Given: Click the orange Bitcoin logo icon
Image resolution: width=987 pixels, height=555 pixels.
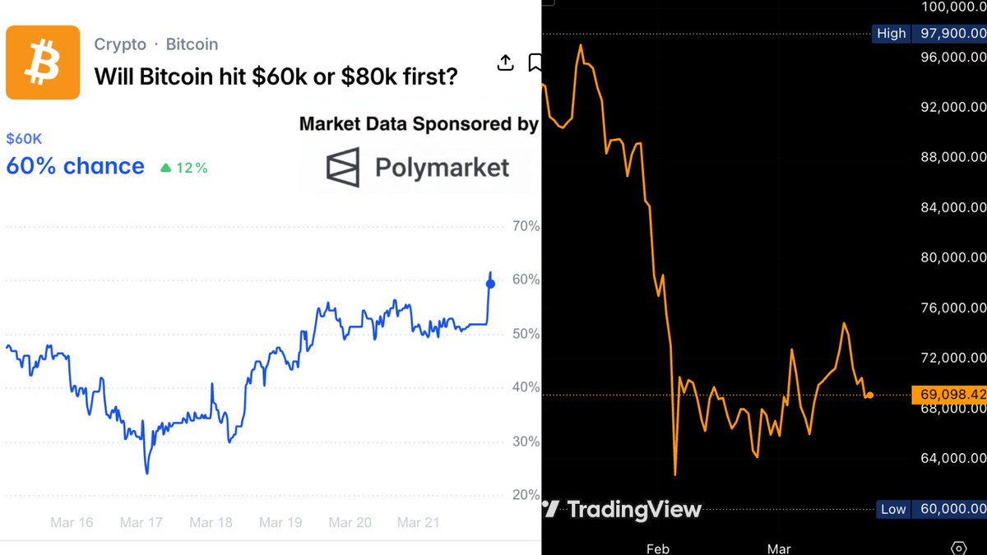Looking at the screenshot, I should [x=43, y=62].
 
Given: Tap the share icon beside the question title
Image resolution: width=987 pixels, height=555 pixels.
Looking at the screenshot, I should [x=506, y=62].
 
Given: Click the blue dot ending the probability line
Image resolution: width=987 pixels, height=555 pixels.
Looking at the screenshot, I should [x=491, y=284].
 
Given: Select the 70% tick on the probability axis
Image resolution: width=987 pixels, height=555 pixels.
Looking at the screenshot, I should [x=526, y=226].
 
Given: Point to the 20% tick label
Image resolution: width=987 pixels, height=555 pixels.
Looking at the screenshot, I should [x=526, y=495].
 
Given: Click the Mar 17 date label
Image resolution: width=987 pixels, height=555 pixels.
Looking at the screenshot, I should [x=141, y=522].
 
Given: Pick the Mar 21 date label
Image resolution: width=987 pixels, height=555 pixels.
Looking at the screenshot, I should [x=419, y=522].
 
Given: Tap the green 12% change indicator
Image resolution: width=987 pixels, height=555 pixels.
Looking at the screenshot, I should [x=183, y=168].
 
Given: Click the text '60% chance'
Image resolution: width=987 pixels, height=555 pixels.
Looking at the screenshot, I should [x=75, y=166].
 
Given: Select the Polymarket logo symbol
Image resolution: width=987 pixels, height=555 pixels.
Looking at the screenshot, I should [x=343, y=167].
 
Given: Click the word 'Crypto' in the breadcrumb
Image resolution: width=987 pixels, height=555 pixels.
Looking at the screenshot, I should [x=120, y=44].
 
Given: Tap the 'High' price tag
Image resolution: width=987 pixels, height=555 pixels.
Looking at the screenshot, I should [x=891, y=34].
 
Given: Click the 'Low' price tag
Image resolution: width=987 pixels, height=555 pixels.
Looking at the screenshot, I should [x=893, y=510].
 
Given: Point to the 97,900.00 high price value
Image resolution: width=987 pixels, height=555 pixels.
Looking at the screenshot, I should [x=952, y=34].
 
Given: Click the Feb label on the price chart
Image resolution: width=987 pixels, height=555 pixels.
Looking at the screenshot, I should [x=658, y=548].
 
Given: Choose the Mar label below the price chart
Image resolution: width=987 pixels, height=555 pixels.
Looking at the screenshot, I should [x=778, y=548].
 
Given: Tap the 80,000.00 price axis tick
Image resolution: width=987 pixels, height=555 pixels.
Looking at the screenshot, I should [x=952, y=257].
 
